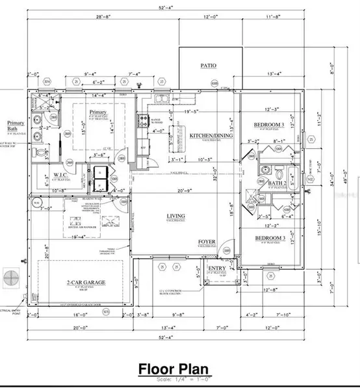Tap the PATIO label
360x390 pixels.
click(x=209, y=66)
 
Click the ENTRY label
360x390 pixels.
click(x=216, y=268)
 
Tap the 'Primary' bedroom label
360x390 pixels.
click(x=97, y=111)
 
